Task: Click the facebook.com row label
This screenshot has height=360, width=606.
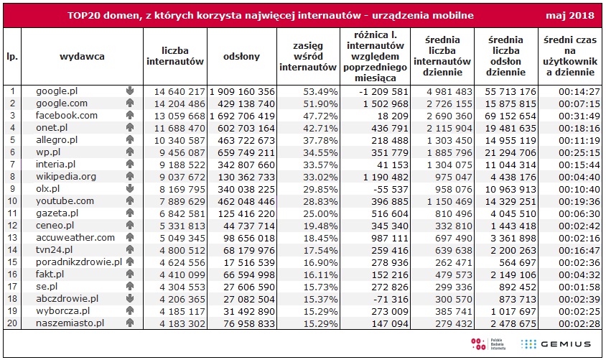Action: [x=67, y=115]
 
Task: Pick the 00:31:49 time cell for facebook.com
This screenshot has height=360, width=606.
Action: [x=571, y=115]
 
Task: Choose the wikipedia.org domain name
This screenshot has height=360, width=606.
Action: [x=67, y=176]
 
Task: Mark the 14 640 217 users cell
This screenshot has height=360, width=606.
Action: [x=176, y=91]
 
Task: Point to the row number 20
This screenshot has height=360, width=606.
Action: [x=12, y=323]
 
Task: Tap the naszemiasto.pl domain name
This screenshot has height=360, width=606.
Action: [x=70, y=323]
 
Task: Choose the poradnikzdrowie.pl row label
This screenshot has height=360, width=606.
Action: [x=79, y=262]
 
